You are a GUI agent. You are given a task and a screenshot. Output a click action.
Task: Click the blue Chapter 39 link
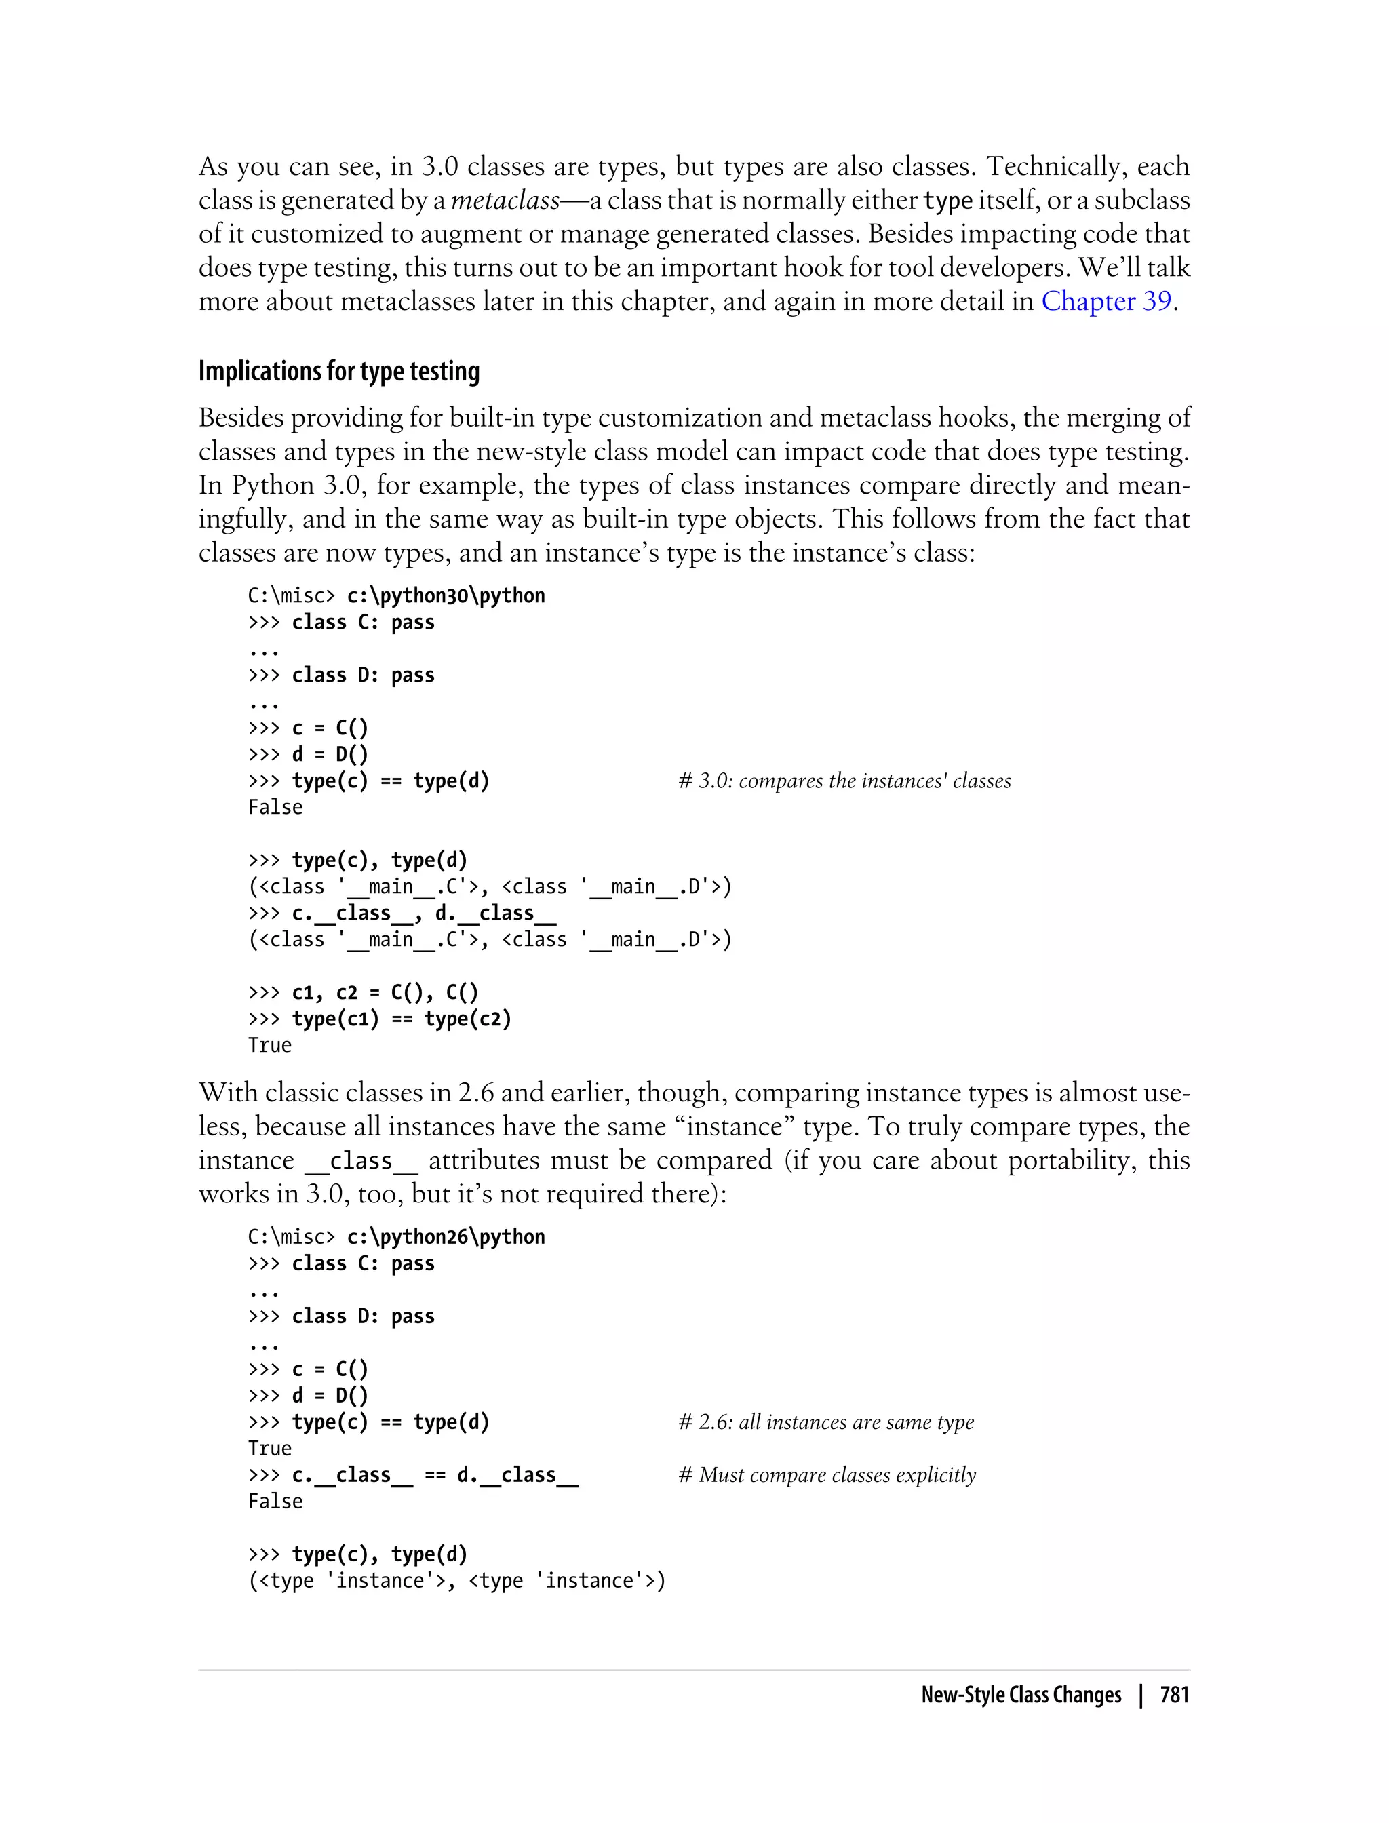point(1106,301)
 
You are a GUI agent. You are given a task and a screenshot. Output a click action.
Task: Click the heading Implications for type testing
point(339,371)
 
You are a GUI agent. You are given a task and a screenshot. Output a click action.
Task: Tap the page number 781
point(1174,1695)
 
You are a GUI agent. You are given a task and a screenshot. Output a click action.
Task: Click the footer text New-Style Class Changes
point(1021,1695)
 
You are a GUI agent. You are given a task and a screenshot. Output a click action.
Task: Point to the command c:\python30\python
point(446,595)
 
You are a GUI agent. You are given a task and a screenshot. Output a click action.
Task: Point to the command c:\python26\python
point(446,1237)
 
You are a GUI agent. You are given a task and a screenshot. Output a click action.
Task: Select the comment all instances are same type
point(826,1422)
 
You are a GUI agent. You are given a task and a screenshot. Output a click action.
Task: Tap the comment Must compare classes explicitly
point(827,1475)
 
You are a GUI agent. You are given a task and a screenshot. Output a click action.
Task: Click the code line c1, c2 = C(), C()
point(385,992)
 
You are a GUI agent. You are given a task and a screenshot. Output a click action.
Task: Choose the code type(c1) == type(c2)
point(402,1019)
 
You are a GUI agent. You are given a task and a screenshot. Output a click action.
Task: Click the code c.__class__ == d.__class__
point(435,1475)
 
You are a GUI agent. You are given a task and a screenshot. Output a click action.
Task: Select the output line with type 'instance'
point(456,1581)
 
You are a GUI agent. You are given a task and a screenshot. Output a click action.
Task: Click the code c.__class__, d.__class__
point(423,913)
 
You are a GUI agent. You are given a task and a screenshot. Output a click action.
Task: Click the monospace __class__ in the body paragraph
point(361,1161)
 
